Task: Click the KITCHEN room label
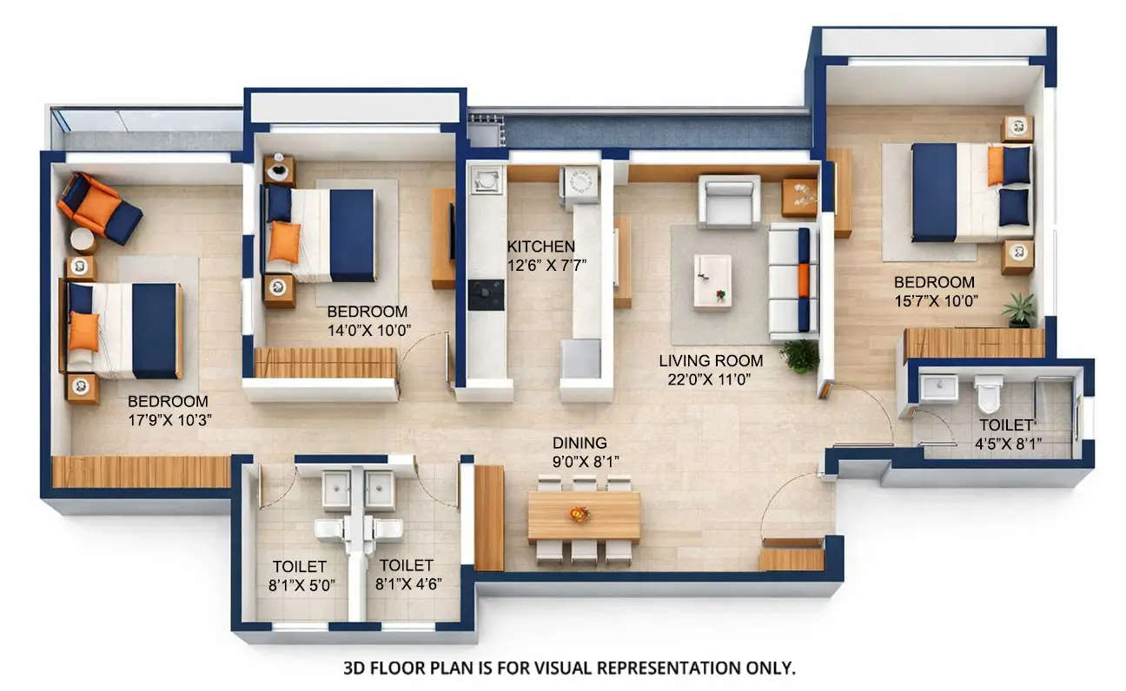pos(540,247)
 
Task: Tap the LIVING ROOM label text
pos(711,360)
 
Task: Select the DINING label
pos(580,443)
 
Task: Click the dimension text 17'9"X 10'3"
pos(170,419)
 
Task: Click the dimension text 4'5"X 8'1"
pos(1010,444)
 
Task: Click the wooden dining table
pos(583,516)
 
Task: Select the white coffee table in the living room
pos(712,280)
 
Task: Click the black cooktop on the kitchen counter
pos(486,295)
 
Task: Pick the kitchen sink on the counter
pos(487,180)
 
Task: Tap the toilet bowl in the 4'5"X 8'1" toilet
pos(988,395)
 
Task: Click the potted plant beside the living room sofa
pos(799,355)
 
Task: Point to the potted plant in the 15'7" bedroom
pos(1018,308)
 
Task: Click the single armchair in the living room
pos(729,201)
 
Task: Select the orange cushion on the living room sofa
pos(804,280)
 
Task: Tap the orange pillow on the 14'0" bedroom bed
pos(283,241)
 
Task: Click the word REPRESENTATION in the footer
pos(646,668)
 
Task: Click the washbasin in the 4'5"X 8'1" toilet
pos(938,387)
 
